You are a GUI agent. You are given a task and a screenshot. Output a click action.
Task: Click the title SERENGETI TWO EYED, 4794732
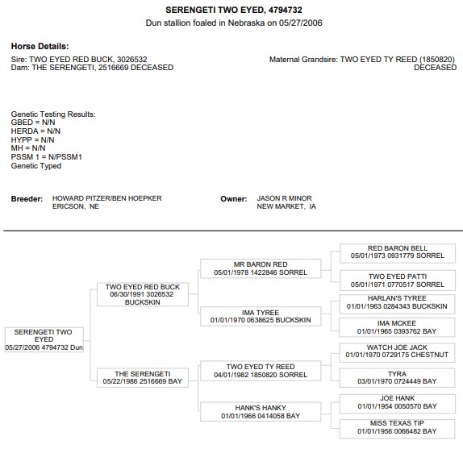pyautogui.click(x=234, y=10)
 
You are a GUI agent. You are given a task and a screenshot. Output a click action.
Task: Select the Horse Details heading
pyautogui.click(x=40, y=46)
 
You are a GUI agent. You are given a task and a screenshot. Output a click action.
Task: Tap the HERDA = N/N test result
pyautogui.click(x=35, y=131)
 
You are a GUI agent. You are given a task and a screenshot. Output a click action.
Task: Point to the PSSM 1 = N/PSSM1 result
pyautogui.click(x=46, y=157)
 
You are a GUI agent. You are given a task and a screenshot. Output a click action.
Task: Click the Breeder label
pyautogui.click(x=27, y=199)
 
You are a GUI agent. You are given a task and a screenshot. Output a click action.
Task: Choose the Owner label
pyautogui.click(x=234, y=199)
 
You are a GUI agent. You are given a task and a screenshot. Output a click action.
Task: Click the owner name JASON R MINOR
pyautogui.click(x=284, y=198)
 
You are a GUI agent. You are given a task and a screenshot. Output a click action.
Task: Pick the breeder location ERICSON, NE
pyautogui.click(x=76, y=206)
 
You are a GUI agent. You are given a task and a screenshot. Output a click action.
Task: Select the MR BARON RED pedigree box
pyautogui.click(x=261, y=268)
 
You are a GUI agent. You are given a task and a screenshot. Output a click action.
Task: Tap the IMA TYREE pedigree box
pyautogui.click(x=261, y=316)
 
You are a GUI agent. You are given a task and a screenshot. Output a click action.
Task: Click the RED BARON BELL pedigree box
pyautogui.click(x=398, y=253)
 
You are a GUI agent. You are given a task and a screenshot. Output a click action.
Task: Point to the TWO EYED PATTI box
pyautogui.click(x=398, y=281)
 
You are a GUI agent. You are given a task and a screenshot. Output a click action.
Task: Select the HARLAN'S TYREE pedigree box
pyautogui.click(x=397, y=304)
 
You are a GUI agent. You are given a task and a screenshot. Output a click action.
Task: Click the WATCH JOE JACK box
pyautogui.click(x=397, y=352)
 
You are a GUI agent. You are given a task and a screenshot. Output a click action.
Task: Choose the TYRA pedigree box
pyautogui.click(x=397, y=377)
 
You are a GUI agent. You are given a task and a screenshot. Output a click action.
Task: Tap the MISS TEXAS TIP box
pyautogui.click(x=397, y=429)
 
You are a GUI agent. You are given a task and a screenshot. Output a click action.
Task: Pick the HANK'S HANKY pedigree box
pyautogui.click(x=261, y=411)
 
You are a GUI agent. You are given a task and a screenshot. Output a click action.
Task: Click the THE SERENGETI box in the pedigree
pyautogui.click(x=143, y=377)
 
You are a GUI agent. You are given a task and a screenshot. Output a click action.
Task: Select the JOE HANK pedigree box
pyautogui.click(x=397, y=403)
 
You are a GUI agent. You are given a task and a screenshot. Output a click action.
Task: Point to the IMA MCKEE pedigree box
pyautogui.click(x=397, y=327)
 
